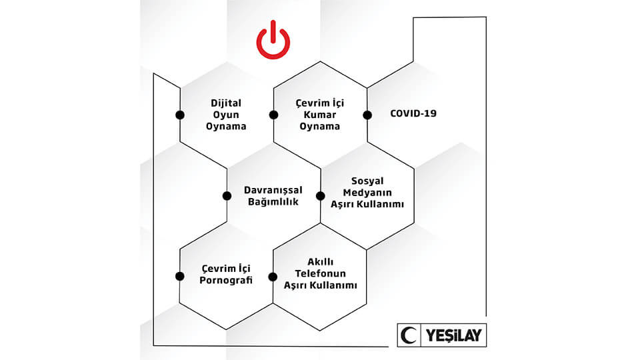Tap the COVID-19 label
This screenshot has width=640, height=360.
[413, 113]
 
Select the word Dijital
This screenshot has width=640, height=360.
[226, 103]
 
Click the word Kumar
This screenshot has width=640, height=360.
[319, 115]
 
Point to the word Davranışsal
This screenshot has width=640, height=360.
[273, 191]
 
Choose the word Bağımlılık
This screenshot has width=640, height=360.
[273, 201]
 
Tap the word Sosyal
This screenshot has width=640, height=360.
[367, 181]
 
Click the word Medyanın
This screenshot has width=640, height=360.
[367, 192]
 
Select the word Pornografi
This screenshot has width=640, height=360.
[226, 281]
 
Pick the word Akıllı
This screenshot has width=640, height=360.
[321, 261]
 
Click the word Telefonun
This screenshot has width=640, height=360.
[321, 273]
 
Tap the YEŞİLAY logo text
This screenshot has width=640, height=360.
[454, 335]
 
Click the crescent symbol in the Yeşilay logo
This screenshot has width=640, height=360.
[408, 335]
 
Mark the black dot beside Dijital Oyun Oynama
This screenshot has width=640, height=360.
[180, 115]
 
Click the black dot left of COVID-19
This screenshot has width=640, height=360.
[367, 115]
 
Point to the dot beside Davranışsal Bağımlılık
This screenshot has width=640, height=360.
[227, 196]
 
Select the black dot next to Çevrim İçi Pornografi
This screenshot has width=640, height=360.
[179, 276]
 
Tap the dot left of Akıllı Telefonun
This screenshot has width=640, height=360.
[273, 277]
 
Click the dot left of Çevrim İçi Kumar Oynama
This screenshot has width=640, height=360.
[274, 115]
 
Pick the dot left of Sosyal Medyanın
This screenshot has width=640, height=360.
[321, 196]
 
